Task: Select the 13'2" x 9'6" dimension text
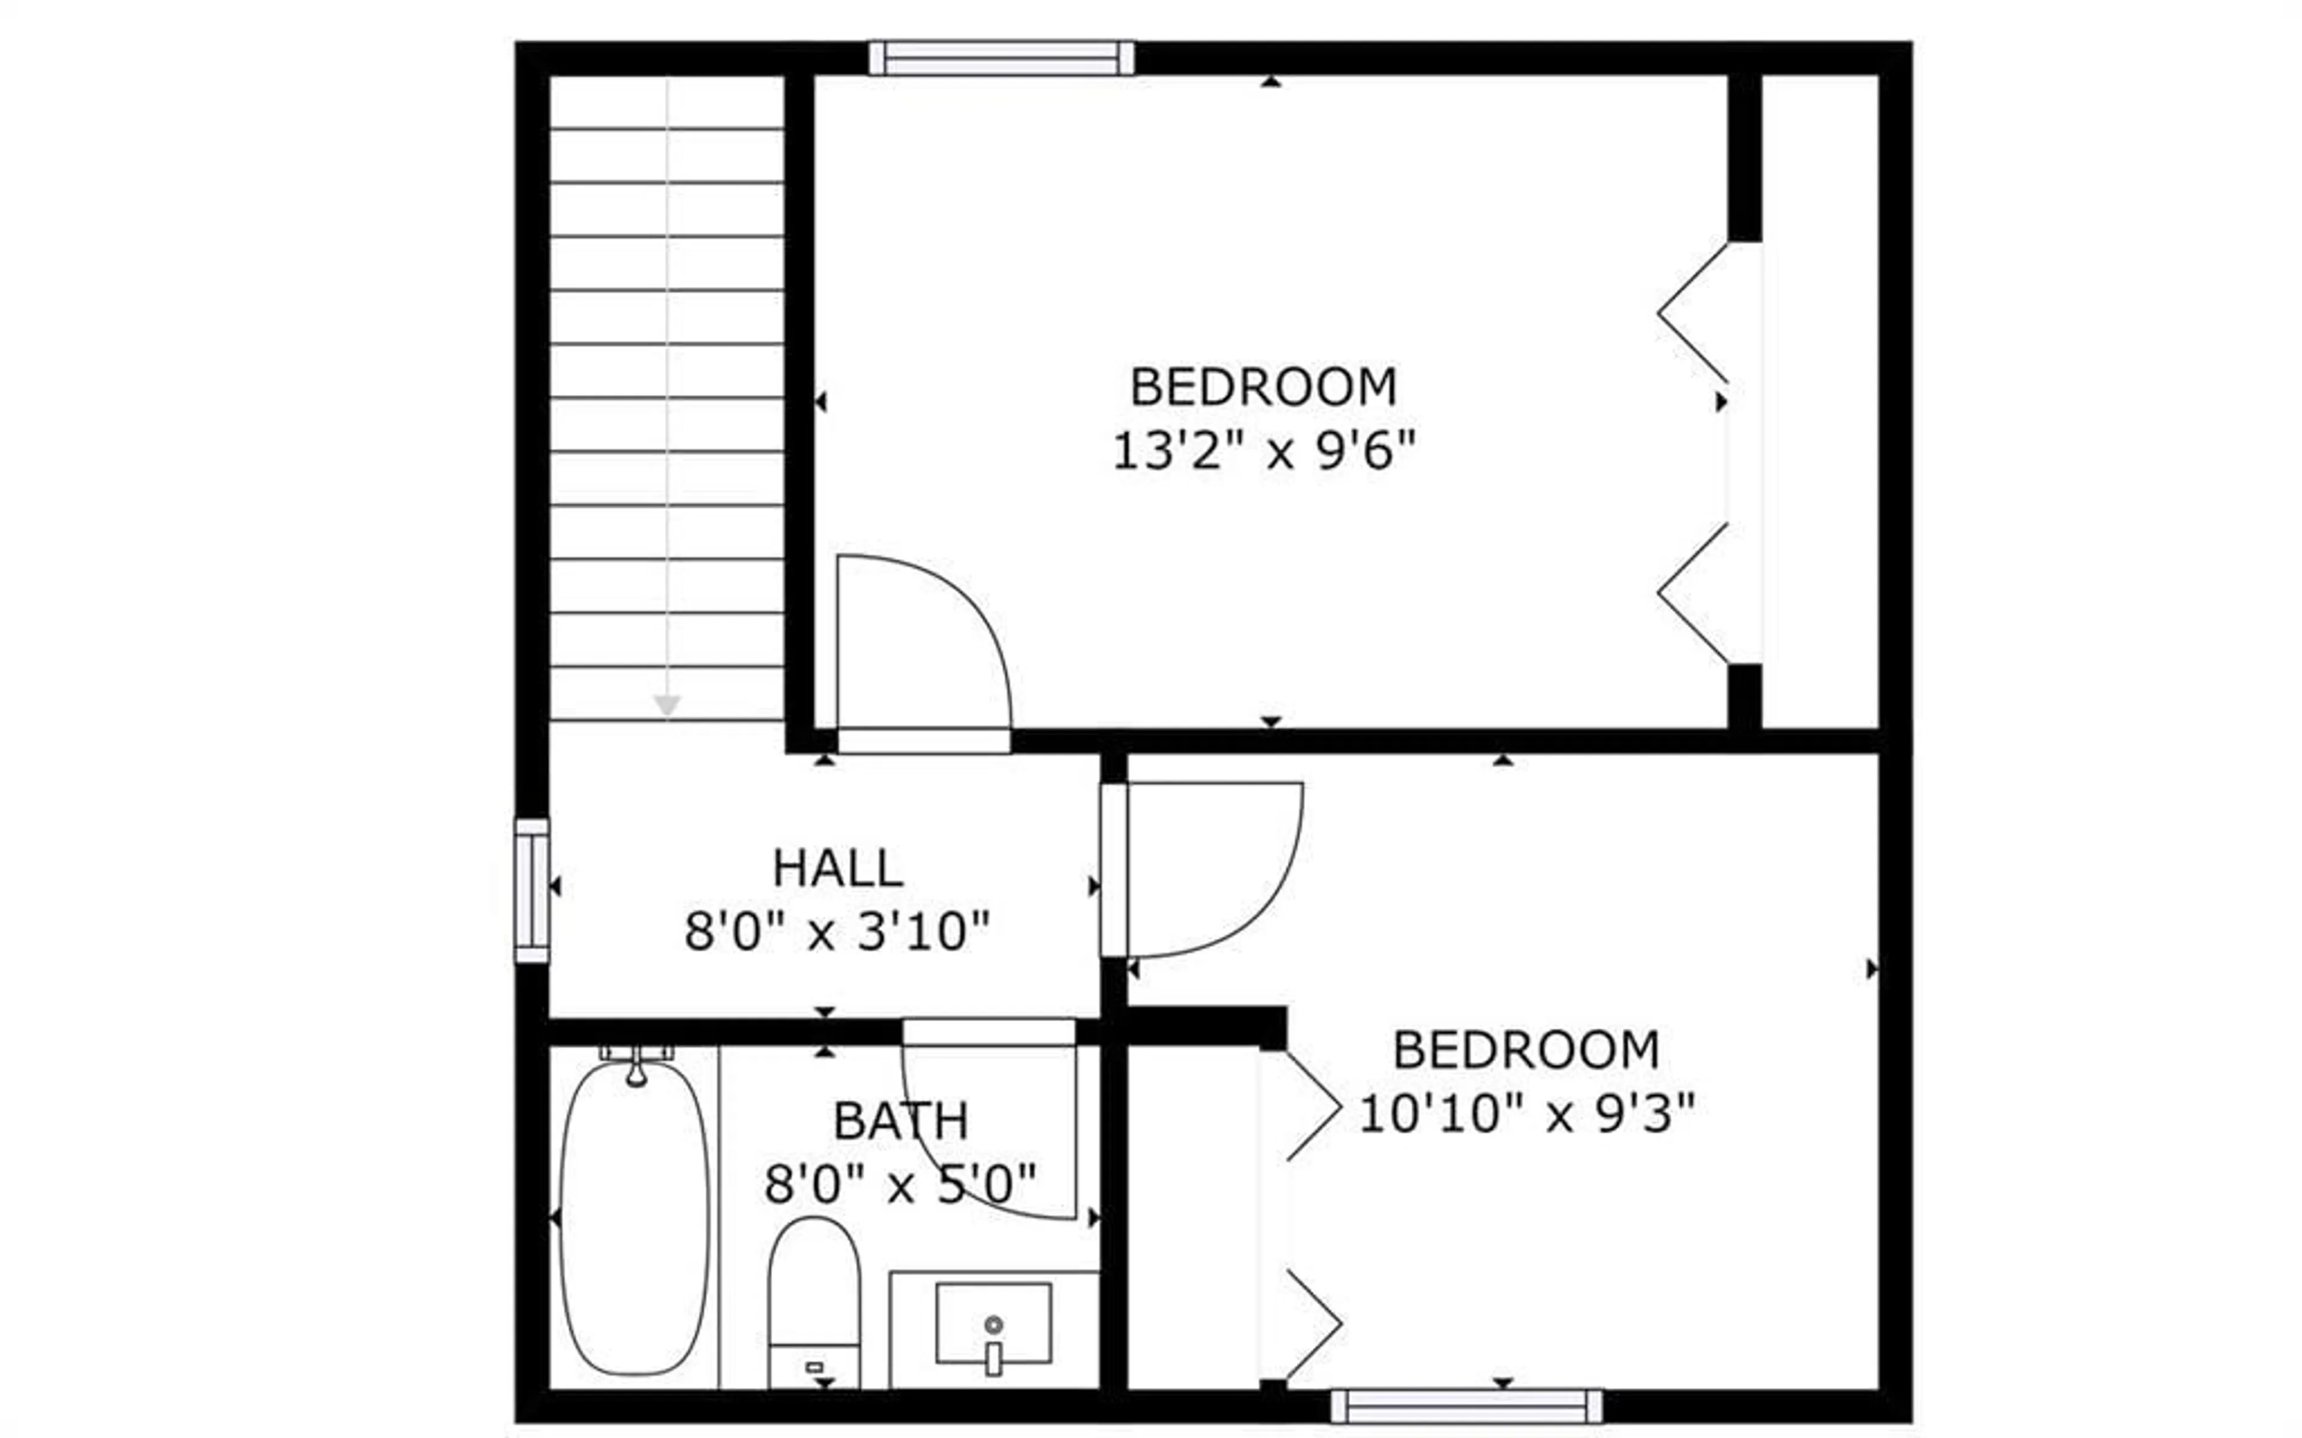[x=1264, y=450]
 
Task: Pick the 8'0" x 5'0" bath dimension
[x=900, y=1185]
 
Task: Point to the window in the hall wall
[x=532, y=890]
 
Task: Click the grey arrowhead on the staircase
[x=667, y=705]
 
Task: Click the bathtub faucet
[x=637, y=1067]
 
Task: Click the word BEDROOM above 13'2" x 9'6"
[x=1263, y=387]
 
